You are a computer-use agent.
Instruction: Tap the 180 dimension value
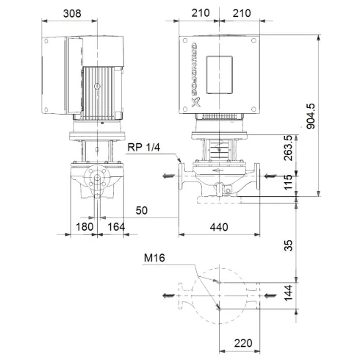coord(85,228)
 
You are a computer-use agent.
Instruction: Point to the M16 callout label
coord(153,258)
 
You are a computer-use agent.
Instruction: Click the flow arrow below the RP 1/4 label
coord(168,176)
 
